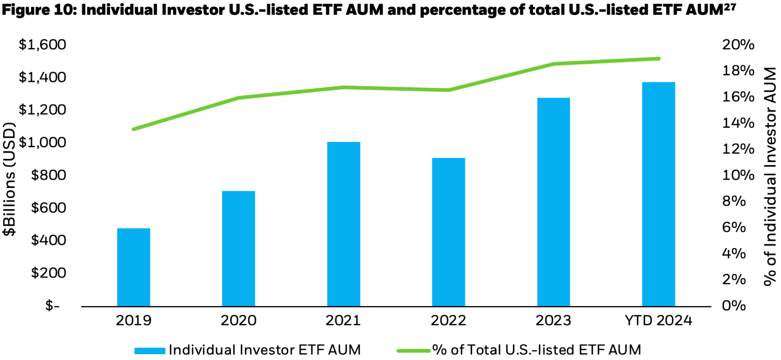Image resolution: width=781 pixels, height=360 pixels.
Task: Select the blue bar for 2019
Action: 134,267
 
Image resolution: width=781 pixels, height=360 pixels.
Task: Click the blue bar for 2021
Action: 344,224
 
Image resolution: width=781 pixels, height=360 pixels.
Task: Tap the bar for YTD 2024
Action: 659,194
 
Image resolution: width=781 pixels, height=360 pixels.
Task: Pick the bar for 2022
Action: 449,232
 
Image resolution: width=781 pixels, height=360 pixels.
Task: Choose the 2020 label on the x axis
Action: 239,320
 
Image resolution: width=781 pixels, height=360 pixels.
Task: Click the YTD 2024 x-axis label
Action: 659,320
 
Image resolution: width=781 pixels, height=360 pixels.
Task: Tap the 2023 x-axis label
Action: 554,320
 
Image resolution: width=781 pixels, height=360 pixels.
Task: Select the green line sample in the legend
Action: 413,349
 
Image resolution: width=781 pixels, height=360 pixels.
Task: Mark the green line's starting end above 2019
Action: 134,129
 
